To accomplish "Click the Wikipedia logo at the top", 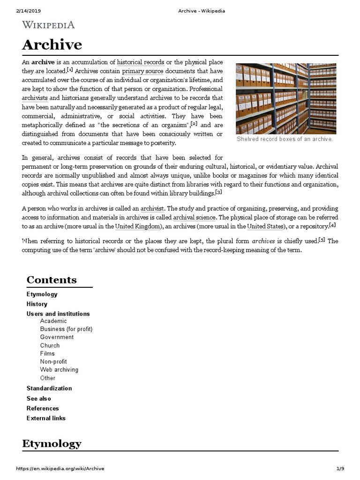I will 49,25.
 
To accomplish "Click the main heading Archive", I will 52,45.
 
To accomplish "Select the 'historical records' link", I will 141,62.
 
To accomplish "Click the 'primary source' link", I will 142,71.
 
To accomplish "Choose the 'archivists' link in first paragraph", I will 35,98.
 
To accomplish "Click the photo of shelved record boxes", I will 285,98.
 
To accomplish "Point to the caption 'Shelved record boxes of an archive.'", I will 285,139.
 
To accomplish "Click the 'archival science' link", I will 195,217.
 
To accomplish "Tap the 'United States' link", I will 265,226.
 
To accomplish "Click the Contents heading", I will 52,280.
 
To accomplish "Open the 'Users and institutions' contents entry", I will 58,314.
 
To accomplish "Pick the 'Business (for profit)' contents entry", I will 66,329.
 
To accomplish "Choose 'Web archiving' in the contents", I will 59,369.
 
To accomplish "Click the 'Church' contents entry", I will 50,345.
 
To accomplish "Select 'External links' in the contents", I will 46,418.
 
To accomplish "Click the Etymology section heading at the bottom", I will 52,443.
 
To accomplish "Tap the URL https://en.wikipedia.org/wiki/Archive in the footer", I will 60,469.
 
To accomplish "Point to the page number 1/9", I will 340,469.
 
